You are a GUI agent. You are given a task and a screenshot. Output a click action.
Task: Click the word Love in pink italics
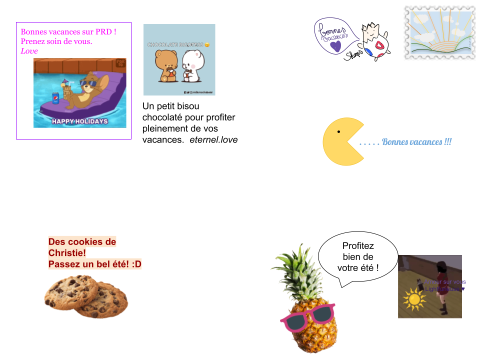(29, 51)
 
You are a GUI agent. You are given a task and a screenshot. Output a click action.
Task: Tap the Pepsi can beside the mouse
(55, 97)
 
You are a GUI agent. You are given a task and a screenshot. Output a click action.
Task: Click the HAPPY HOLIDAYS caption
(79, 121)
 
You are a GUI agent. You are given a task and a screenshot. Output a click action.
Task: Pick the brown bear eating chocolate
(166, 65)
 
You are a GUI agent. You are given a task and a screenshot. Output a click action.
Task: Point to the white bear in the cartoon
(192, 65)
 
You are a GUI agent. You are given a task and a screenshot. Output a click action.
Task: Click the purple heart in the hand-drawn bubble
(336, 46)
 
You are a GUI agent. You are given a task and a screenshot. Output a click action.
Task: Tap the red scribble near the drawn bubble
(380, 45)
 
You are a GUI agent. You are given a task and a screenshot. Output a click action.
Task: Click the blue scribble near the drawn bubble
(368, 51)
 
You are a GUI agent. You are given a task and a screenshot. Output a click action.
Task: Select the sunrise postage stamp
(439, 33)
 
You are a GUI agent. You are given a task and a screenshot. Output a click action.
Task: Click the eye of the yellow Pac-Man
(338, 132)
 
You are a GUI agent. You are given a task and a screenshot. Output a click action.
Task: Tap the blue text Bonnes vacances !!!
(416, 142)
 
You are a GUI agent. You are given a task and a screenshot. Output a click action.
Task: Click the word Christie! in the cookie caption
(67, 253)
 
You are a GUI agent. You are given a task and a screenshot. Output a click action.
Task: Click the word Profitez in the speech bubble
(358, 246)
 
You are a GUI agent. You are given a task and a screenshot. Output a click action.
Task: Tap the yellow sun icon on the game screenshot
(413, 299)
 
